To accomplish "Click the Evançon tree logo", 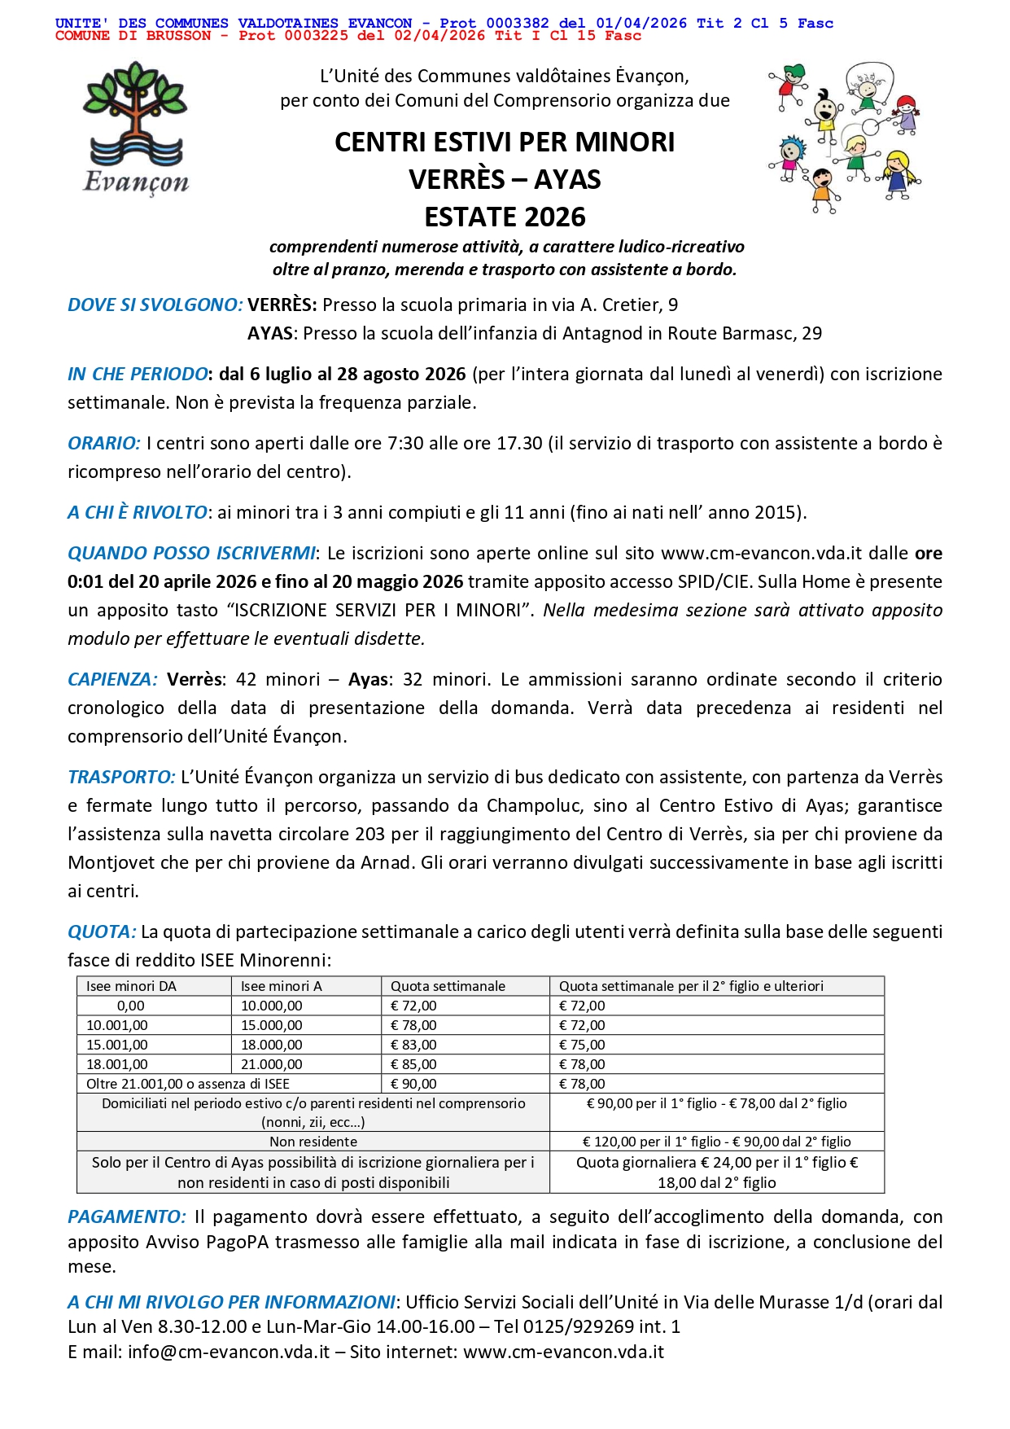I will tap(136, 129).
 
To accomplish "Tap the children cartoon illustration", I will tap(845, 137).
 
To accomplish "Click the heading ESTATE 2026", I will tap(505, 217).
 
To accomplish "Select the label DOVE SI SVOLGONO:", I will tap(155, 305).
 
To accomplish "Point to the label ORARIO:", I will tap(104, 444).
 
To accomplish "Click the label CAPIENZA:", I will tap(112, 680).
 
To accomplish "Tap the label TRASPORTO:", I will tap(121, 778).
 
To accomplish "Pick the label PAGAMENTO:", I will tap(127, 1217).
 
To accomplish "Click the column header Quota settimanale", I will tap(448, 986).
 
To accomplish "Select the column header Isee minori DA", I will tap(131, 986).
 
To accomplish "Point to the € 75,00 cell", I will tap(582, 1045).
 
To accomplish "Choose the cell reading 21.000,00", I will tap(271, 1064).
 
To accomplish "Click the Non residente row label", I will tap(313, 1142).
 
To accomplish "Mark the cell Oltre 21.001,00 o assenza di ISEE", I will tap(188, 1084).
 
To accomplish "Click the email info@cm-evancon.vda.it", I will tap(229, 1352).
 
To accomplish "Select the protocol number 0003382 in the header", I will tap(518, 24).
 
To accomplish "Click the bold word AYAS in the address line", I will tap(269, 334).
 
